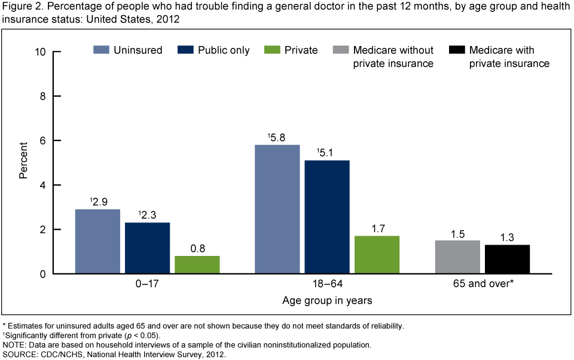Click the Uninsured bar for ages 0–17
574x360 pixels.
97,242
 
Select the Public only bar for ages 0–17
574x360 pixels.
147,248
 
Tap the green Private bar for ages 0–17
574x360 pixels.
197,265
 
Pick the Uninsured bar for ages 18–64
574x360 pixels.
277,209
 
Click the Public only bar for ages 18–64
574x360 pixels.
327,217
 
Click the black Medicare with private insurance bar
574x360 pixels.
506,260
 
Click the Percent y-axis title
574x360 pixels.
23,162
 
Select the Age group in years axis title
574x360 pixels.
327,301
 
